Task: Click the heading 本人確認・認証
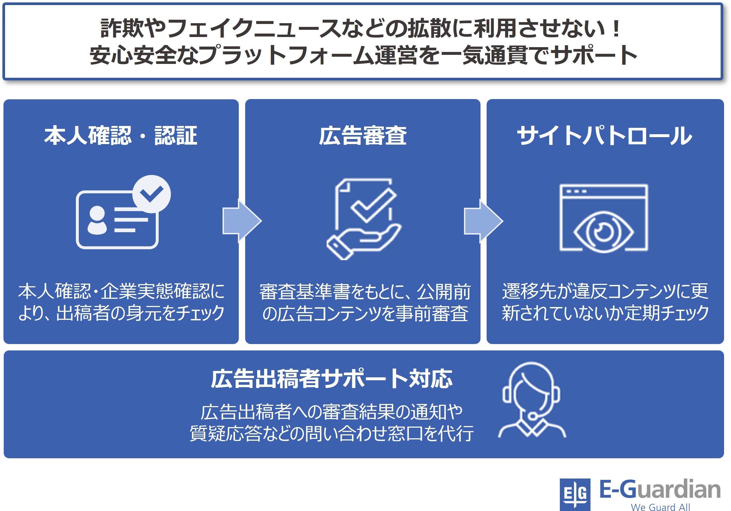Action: click(x=121, y=135)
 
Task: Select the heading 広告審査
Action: click(x=363, y=135)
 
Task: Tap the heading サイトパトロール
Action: click(x=604, y=135)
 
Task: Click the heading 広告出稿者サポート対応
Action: click(x=331, y=379)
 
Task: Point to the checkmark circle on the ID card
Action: click(x=151, y=194)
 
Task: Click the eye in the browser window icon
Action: click(x=603, y=232)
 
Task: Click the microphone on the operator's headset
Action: click(x=532, y=415)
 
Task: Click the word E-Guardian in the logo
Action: click(x=660, y=490)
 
